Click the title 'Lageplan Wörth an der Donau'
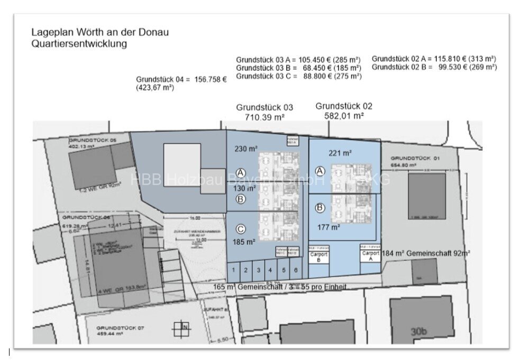point(100,33)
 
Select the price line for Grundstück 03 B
point(298,68)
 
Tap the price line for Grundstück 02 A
point(434,59)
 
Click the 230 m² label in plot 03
point(245,149)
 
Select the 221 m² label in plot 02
point(341,153)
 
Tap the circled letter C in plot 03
point(241,229)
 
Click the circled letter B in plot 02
point(319,208)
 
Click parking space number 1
point(233,270)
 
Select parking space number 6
point(295,270)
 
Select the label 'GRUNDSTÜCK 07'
point(113,328)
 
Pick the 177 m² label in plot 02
point(328,227)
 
